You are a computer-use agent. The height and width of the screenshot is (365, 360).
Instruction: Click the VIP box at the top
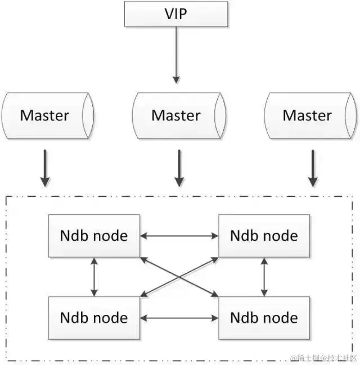[177, 13]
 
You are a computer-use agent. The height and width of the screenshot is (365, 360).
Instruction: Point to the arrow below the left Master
[45, 168]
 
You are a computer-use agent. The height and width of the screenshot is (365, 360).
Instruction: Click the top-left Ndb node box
[94, 236]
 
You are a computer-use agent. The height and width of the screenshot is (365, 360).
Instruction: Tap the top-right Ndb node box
[264, 236]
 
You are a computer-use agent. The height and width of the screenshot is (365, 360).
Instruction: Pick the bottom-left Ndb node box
[94, 318]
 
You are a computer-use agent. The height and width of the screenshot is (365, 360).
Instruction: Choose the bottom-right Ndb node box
[264, 318]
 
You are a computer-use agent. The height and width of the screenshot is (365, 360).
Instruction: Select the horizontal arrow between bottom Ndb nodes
[179, 318]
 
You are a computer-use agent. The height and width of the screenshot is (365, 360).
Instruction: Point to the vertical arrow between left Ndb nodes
[94, 276]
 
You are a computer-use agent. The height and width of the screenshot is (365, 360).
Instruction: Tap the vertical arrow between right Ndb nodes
[264, 276]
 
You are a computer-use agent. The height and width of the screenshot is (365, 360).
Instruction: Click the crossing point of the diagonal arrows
[179, 276]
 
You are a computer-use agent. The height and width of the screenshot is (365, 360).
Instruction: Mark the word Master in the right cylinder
[307, 116]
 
